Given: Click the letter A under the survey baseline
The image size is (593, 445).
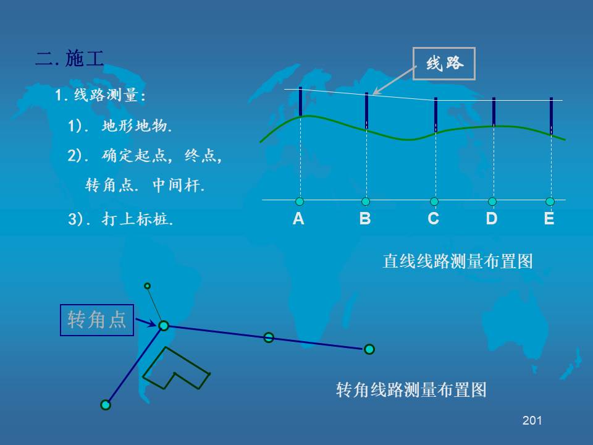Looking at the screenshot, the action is tap(298, 218).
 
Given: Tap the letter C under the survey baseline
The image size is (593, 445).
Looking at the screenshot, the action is tap(434, 218).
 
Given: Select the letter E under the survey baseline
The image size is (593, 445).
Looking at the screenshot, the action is tap(549, 218).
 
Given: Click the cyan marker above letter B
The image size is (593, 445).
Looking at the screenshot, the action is tap(366, 201).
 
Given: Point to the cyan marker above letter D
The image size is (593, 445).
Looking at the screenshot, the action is tap(492, 201).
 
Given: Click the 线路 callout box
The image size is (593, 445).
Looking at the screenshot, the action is tap(444, 64).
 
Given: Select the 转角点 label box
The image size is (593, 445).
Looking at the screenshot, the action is tap(97, 320).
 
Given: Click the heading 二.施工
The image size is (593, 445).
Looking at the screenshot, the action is tap(70, 58).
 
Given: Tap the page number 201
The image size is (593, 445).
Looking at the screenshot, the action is tap(532, 420).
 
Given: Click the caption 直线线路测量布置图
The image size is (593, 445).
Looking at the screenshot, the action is tap(458, 261).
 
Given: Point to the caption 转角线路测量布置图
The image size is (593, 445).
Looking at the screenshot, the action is tap(411, 390).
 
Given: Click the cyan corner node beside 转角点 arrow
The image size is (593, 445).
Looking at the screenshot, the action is tap(164, 326).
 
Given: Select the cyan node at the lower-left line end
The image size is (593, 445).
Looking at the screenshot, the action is tap(106, 405).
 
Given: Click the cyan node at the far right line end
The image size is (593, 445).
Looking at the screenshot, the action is tap(369, 349).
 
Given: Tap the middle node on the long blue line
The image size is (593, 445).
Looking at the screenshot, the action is tap(269, 337).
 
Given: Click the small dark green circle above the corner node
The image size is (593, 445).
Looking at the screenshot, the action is tap(148, 286).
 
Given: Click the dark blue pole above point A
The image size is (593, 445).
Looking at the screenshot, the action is tap(301, 101).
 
